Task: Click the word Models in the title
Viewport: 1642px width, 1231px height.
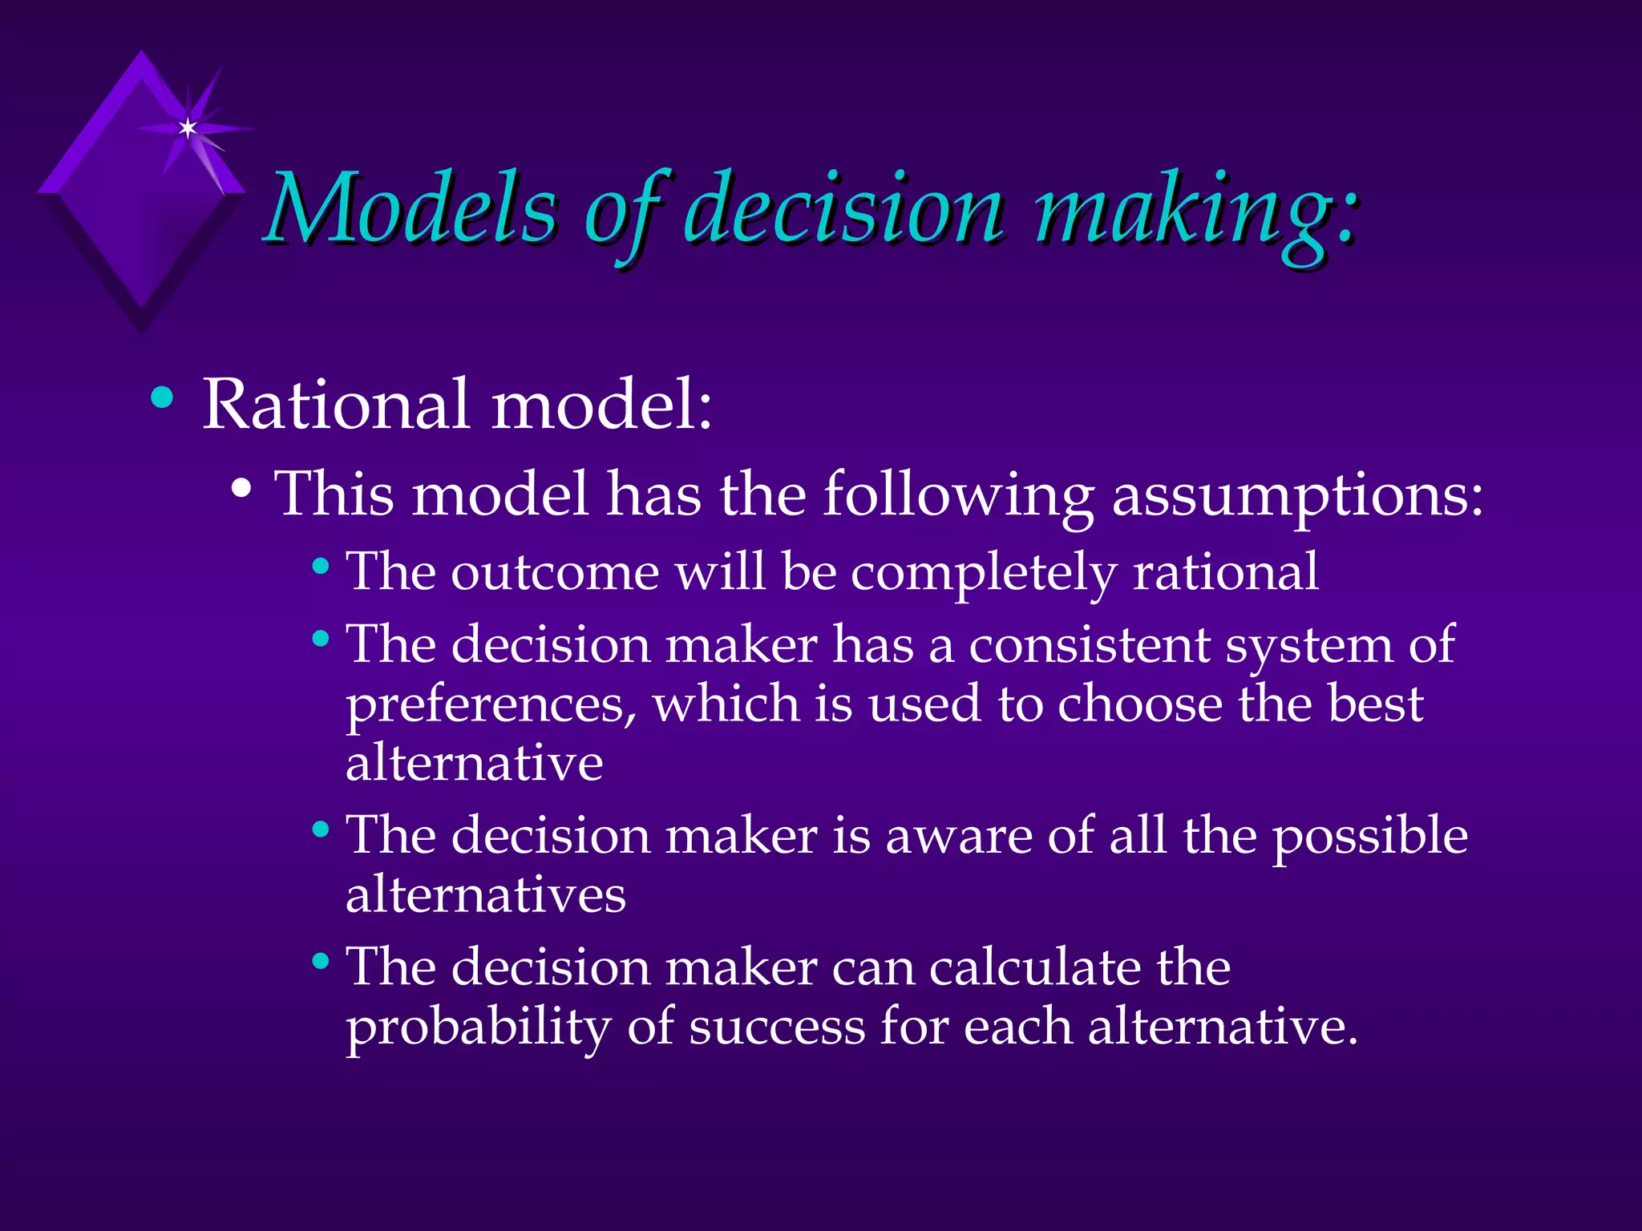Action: [410, 210]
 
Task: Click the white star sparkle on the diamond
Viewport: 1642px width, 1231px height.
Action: [188, 128]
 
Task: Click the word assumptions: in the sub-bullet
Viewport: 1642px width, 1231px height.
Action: [1297, 495]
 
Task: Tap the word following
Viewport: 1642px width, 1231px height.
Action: [959, 495]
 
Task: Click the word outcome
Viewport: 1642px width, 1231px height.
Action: [555, 573]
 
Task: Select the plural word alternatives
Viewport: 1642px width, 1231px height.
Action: [485, 895]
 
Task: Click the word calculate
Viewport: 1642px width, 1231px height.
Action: [1034, 967]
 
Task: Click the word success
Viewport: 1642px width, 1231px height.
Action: [777, 1027]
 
